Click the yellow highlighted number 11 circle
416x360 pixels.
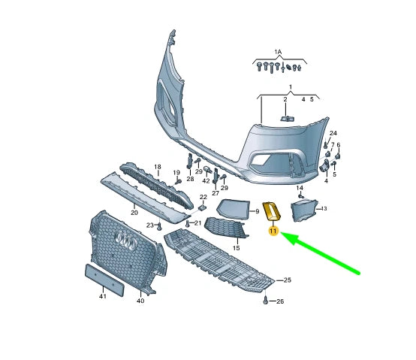coord(273,231)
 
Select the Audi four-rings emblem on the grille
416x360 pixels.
coord(127,240)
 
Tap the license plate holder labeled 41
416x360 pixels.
coord(104,280)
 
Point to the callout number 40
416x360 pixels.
coord(140,301)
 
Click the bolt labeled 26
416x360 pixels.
coord(265,301)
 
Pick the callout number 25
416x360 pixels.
coord(288,280)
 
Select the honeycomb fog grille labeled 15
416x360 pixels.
coord(226,228)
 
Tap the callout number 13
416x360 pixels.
coord(324,209)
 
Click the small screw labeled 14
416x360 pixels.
coord(300,196)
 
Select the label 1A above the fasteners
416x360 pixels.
coord(278,53)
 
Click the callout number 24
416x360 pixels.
coord(333,133)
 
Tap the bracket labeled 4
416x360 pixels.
coord(324,166)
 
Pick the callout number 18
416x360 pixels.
coord(158,167)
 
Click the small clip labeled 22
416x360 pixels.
coord(203,207)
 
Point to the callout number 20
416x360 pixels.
coord(134,213)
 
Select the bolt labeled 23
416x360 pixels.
coord(159,227)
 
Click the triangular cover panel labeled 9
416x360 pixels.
coord(233,209)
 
